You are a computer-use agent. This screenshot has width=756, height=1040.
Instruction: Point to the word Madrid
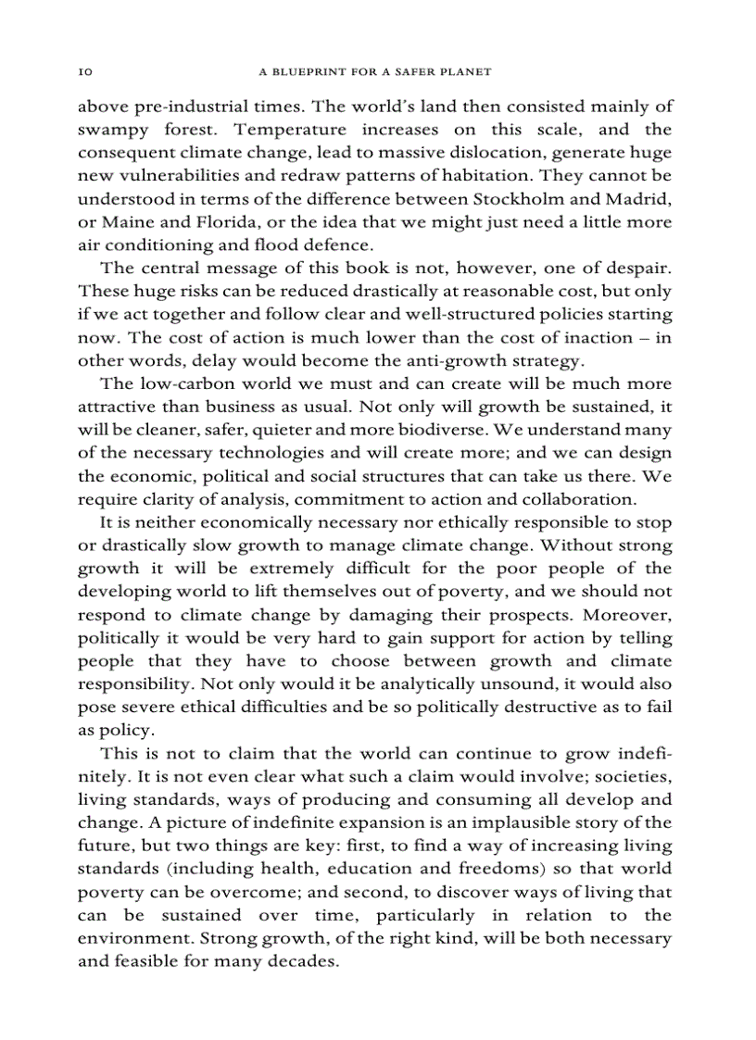coord(641,199)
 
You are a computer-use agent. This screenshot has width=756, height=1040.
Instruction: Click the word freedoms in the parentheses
coord(500,869)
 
